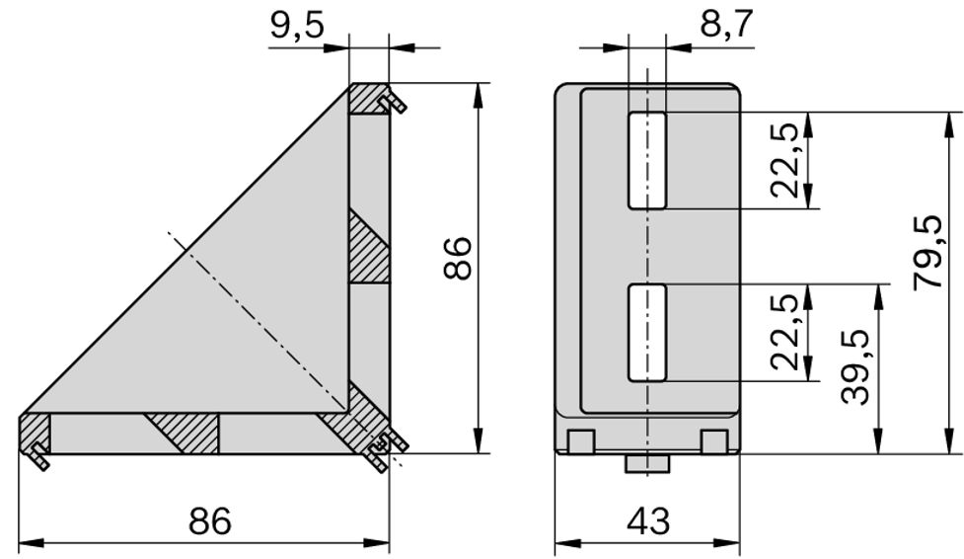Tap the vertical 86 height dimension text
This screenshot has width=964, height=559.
(457, 259)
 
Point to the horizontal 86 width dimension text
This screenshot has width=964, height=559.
(209, 520)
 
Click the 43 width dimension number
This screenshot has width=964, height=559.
(647, 520)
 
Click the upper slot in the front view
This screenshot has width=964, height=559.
(647, 160)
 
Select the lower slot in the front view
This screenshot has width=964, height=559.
(647, 333)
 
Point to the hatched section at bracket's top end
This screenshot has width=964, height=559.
(370, 99)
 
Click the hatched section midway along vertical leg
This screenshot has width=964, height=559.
(369, 247)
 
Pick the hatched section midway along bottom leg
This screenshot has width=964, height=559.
(184, 433)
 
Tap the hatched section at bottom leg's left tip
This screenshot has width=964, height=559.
(36, 433)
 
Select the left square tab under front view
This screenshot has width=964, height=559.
(581, 440)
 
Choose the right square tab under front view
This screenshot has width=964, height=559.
(713, 440)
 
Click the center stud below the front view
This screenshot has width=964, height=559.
(647, 462)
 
